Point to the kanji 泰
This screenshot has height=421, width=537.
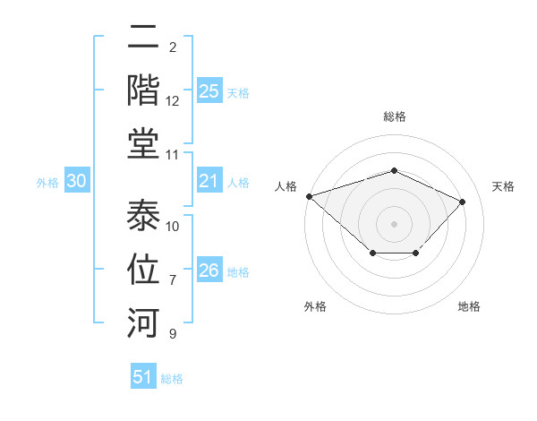(x=143, y=215)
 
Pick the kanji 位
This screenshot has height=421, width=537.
(x=143, y=269)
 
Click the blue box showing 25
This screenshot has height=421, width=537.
(x=209, y=90)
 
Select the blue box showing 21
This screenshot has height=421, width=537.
(x=209, y=182)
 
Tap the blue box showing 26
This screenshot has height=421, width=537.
(x=209, y=271)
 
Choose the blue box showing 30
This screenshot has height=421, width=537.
(x=77, y=182)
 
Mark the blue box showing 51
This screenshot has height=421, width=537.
(x=143, y=377)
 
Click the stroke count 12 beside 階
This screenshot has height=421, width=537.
(x=173, y=101)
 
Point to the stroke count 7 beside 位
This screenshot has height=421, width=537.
(x=173, y=280)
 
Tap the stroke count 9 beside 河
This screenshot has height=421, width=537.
(x=173, y=334)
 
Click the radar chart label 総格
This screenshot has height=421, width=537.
(x=394, y=116)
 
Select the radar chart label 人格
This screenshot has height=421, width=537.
(x=285, y=186)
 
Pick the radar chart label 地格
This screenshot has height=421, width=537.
(x=469, y=307)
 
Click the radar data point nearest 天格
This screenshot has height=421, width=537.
(x=463, y=202)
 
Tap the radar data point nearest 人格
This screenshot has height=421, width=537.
(x=309, y=196)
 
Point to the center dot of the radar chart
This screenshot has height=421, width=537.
(x=394, y=223)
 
